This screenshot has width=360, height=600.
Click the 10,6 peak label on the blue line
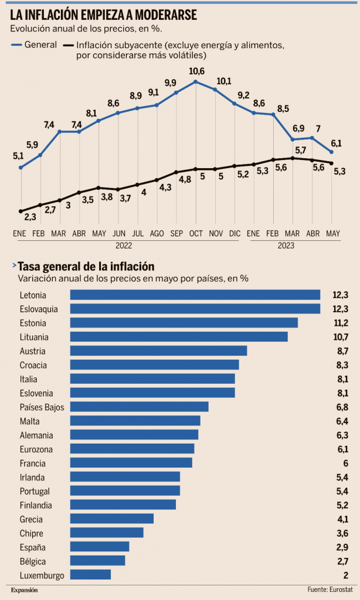[x=197, y=71]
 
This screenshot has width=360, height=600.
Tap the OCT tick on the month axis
[x=196, y=233]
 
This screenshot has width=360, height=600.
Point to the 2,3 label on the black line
[x=31, y=217]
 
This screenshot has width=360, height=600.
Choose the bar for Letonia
[x=195, y=295]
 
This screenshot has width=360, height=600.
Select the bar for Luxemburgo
[x=90, y=575]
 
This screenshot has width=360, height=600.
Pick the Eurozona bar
[x=132, y=449]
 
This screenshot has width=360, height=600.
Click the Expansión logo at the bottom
[x=24, y=590]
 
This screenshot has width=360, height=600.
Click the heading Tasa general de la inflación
[x=87, y=267]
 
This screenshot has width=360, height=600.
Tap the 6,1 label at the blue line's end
[x=336, y=144]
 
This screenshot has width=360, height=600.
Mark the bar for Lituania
[x=179, y=337]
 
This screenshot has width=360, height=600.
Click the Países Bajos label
[x=42, y=407]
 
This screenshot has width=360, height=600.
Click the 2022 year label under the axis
[x=123, y=246]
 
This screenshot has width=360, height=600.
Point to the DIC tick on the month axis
[x=235, y=233]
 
